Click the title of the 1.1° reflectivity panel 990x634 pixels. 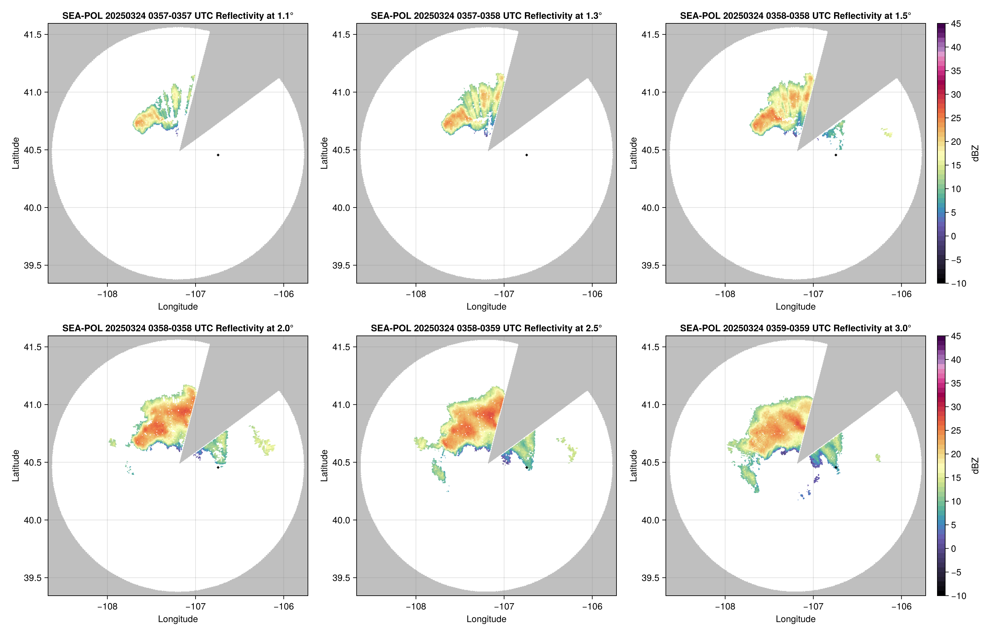tap(177, 16)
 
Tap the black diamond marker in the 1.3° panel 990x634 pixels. tap(527, 155)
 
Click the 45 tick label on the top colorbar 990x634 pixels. tap(956, 24)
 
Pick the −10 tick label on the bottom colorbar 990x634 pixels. tap(958, 596)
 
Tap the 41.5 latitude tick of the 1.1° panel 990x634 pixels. tap(32, 34)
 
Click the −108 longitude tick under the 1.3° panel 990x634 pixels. tap(415, 294)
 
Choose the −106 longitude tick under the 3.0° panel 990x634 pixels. tap(901, 607)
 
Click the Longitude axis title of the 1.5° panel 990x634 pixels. tap(795, 307)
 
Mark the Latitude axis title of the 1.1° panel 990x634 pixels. tap(16, 153)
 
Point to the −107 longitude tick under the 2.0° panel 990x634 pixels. tap(195, 607)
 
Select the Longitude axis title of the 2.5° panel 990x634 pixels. tap(486, 619)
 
